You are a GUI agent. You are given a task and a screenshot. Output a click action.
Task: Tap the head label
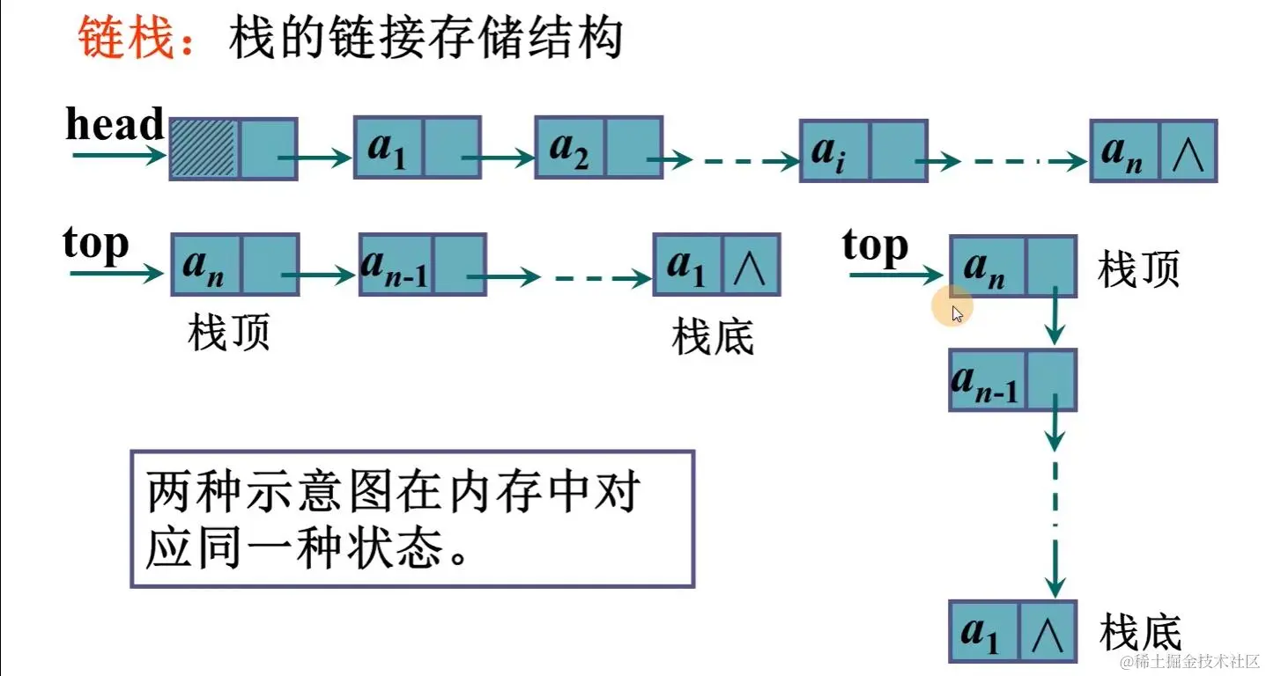[x=115, y=124]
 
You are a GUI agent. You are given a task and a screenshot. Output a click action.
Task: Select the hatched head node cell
[x=202, y=149]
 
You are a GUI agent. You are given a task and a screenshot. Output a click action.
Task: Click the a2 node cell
[x=569, y=147]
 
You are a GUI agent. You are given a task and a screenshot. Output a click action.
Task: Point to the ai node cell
[x=834, y=151]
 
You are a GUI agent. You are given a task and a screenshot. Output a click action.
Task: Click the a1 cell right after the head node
[x=388, y=147]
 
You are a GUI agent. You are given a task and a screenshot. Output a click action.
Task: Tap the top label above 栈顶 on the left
[x=96, y=244]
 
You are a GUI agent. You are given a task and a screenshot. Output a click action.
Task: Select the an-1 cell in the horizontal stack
[x=395, y=263]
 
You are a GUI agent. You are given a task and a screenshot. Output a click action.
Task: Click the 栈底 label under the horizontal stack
[x=713, y=337]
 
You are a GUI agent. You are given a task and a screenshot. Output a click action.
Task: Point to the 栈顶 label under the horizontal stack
[x=229, y=334]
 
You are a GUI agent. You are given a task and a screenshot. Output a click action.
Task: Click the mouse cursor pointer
[x=957, y=313]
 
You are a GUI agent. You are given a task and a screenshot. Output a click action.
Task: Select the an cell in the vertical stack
[x=987, y=266]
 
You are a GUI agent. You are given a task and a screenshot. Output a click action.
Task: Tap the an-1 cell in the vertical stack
[x=987, y=380]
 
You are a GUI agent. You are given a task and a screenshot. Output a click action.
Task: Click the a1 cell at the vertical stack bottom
[x=984, y=631]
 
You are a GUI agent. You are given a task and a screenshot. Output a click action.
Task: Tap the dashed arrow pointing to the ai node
[x=740, y=161]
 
